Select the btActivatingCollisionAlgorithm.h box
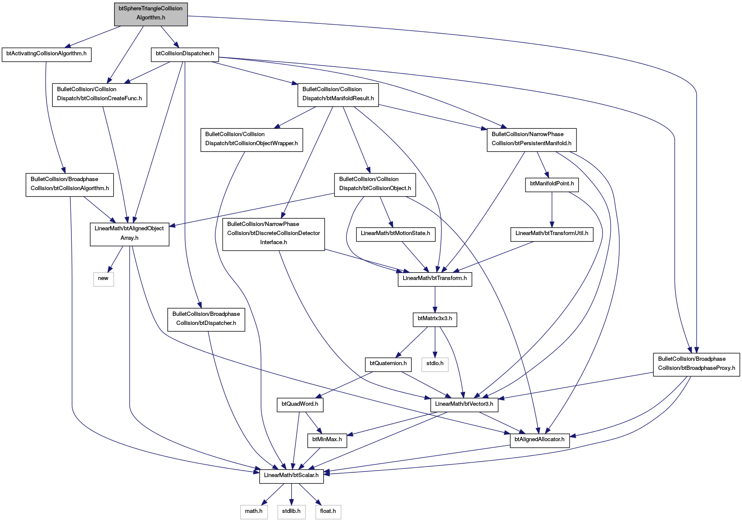click(47, 54)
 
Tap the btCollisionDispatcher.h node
click(185, 54)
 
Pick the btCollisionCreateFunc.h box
click(99, 94)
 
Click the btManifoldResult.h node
click(338, 94)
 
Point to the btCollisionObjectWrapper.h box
click(252, 139)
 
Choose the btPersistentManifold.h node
click(532, 139)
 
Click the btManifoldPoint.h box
click(552, 184)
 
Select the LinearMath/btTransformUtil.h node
click(552, 234)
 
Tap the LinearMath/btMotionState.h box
click(395, 234)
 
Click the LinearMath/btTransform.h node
click(435, 279)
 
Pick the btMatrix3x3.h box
click(435, 319)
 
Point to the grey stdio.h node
click(435, 364)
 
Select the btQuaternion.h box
click(388, 364)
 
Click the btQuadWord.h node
click(300, 404)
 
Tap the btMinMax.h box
click(327, 440)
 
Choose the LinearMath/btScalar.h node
click(291, 476)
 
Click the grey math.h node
click(254, 512)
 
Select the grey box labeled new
click(103, 279)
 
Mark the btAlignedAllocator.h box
click(539, 440)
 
